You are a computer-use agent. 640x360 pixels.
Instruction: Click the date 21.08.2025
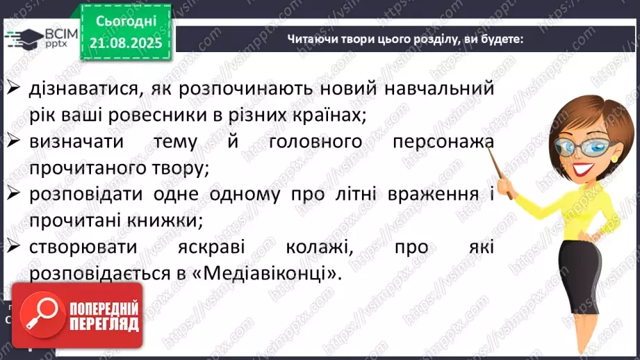pos(126,43)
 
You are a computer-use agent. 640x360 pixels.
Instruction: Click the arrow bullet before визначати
pos(15,141)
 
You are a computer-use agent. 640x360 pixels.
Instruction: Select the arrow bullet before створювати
pos(15,247)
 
